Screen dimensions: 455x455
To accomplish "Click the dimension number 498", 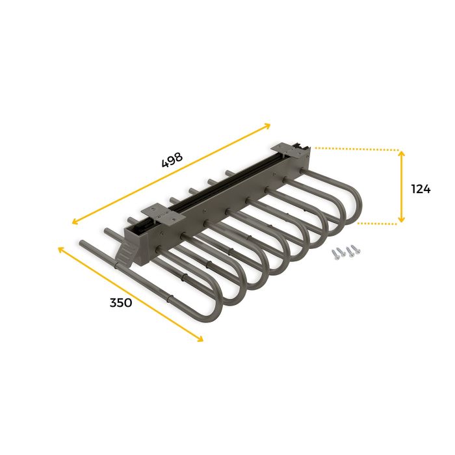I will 172,160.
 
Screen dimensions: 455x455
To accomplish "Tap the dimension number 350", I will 121,302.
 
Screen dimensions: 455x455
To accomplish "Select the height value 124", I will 421,189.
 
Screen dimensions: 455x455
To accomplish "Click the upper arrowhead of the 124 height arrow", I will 402,154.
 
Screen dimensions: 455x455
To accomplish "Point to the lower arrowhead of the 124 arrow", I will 402,220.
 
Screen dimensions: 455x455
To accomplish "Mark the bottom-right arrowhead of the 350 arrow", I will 200,338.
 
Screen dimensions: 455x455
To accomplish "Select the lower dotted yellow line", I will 377,223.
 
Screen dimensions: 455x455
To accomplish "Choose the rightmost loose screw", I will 356,248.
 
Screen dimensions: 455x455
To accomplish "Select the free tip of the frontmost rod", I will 83,243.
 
